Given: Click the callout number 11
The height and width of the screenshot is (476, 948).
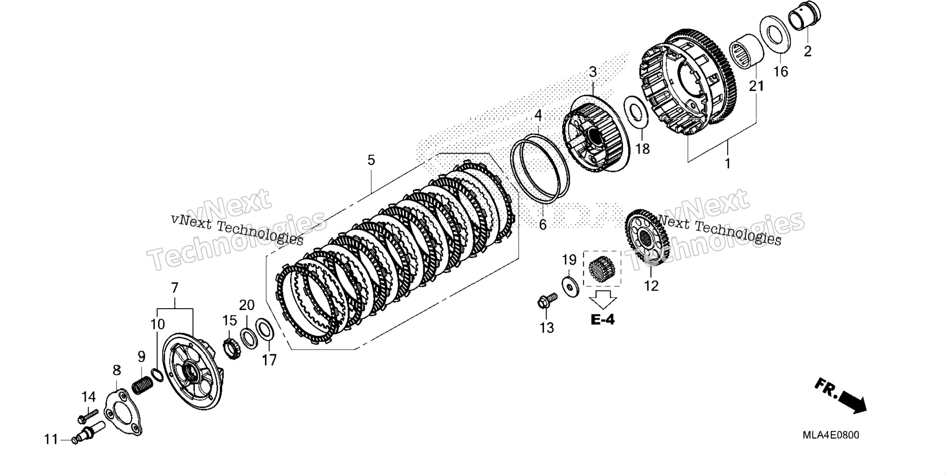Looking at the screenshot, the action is (x=52, y=440).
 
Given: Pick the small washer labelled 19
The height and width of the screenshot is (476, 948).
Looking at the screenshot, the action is (x=570, y=287).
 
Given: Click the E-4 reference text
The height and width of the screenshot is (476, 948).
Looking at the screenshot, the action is (x=603, y=319).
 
